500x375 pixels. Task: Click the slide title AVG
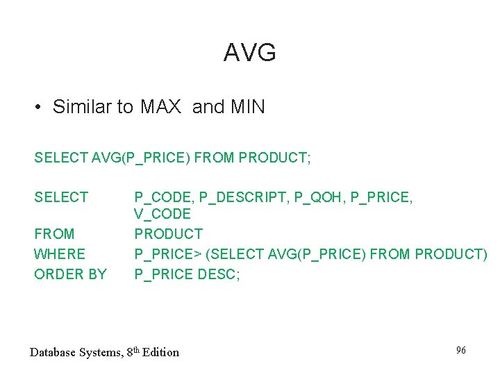(x=250, y=53)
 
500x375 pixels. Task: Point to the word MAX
(x=160, y=107)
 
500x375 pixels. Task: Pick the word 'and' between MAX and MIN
(x=208, y=107)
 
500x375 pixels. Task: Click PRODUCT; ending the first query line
(x=274, y=158)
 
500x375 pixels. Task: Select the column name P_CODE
(x=163, y=198)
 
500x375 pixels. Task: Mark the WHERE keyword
(x=60, y=254)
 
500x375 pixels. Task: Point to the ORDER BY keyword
(x=70, y=274)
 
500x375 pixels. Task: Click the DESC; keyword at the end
(x=219, y=274)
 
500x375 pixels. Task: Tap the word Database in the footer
(x=53, y=352)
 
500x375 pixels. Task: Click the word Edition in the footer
(x=160, y=352)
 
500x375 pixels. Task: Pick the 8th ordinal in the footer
(x=133, y=351)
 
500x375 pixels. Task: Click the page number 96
(x=460, y=350)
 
